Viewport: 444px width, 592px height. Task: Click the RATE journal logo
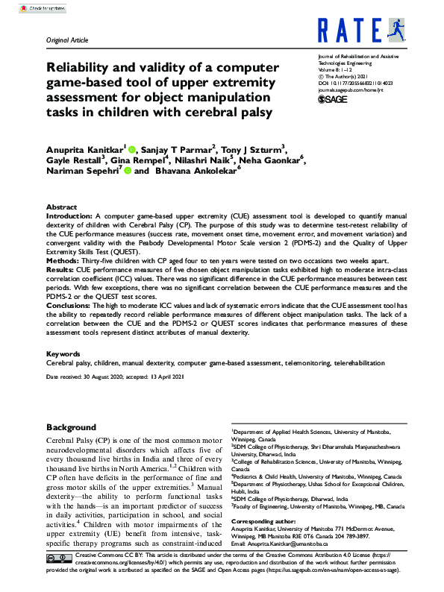tap(360, 31)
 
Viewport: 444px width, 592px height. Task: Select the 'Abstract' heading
tap(61, 207)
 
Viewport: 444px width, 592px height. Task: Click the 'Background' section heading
tap(72, 427)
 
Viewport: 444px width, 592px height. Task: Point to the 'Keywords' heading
tap(63, 353)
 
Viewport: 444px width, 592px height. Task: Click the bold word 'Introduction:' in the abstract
tap(70, 215)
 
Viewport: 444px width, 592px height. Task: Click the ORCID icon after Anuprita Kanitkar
tap(131, 148)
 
